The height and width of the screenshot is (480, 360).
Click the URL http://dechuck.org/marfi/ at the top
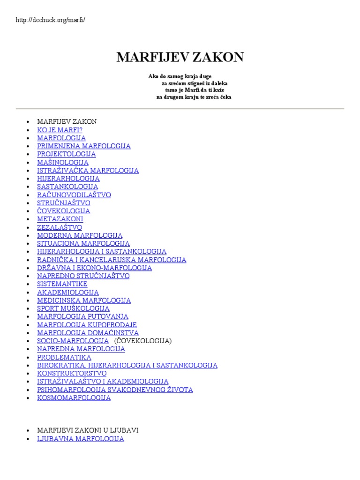tap(51, 20)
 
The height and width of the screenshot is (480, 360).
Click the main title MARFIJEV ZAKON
tap(180, 57)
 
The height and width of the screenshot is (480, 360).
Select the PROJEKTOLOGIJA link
tap(66, 154)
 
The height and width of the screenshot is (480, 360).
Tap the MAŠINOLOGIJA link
tap(62, 162)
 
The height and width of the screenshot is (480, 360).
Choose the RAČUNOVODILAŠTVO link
tap(74, 195)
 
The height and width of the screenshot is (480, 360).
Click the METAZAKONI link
tap(60, 219)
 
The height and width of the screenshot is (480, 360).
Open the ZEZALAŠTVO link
tap(59, 227)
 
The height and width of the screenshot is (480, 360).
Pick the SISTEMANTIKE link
tap(62, 284)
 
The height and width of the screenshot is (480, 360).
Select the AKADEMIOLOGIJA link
tap(67, 292)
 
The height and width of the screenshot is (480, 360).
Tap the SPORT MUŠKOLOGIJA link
tap(73, 308)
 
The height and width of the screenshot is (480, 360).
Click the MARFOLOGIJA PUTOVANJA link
tap(82, 316)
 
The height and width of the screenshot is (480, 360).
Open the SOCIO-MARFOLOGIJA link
tap(73, 341)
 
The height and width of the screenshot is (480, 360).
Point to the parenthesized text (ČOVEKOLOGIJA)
tap(142, 341)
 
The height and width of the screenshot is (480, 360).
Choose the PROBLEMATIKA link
tap(64, 357)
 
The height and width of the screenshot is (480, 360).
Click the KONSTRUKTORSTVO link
tap(72, 374)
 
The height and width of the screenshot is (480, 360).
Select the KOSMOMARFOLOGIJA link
tap(74, 398)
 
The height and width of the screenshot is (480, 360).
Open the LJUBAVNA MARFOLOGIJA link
tap(80, 439)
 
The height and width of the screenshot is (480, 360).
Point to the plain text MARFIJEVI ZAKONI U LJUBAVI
tap(88, 430)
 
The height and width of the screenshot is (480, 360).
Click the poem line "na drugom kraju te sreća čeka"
tap(194, 97)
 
